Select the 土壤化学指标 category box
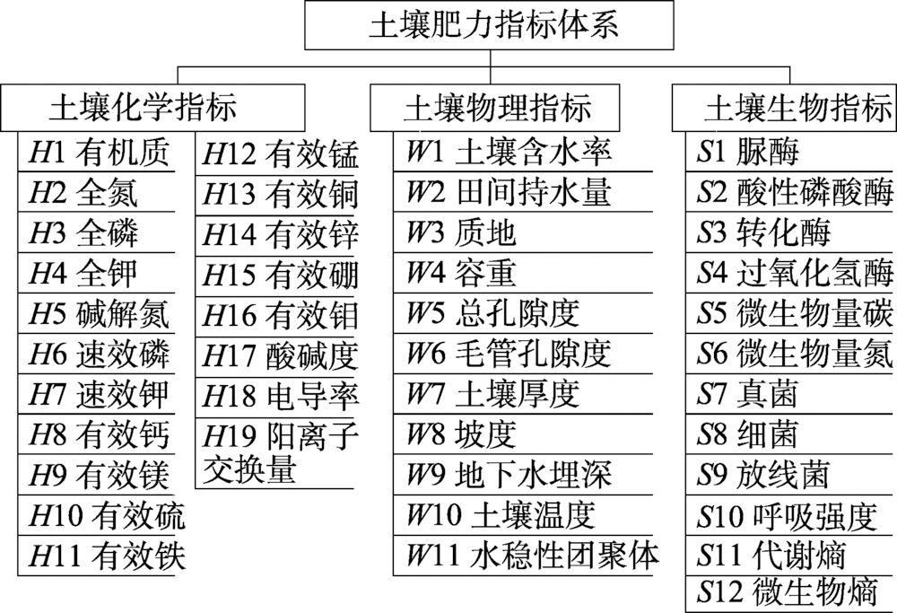point(144,108)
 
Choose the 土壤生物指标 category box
point(784,108)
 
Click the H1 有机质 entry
point(99,153)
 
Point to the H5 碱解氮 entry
point(99,313)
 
